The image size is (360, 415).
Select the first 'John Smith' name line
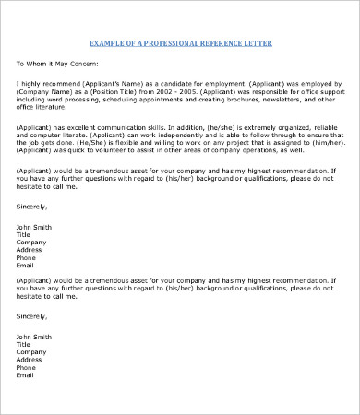tap(36, 227)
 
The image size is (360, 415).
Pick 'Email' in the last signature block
tap(26, 375)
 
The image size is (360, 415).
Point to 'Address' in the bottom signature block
tap(30, 359)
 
